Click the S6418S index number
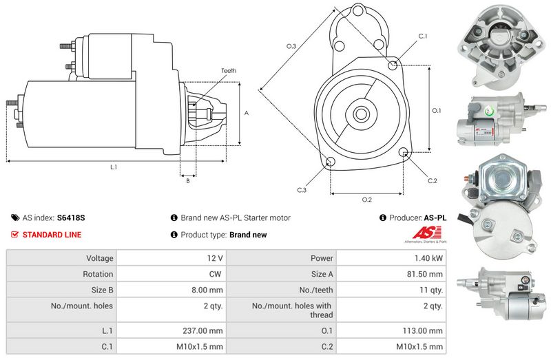71,218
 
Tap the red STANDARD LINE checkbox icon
14,234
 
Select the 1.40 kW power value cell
391,258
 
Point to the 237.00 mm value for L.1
202,330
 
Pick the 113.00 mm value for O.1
423,330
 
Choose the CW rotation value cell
171,274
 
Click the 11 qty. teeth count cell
391,290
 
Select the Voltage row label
100,258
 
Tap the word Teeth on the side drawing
229,71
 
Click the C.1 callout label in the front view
423,36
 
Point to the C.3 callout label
302,190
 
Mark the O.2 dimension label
367,200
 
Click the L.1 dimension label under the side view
114,167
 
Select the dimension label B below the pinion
188,181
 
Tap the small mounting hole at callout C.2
404,152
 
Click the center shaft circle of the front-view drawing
360,114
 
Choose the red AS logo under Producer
426,233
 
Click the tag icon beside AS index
15,218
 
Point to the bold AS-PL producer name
435,218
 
